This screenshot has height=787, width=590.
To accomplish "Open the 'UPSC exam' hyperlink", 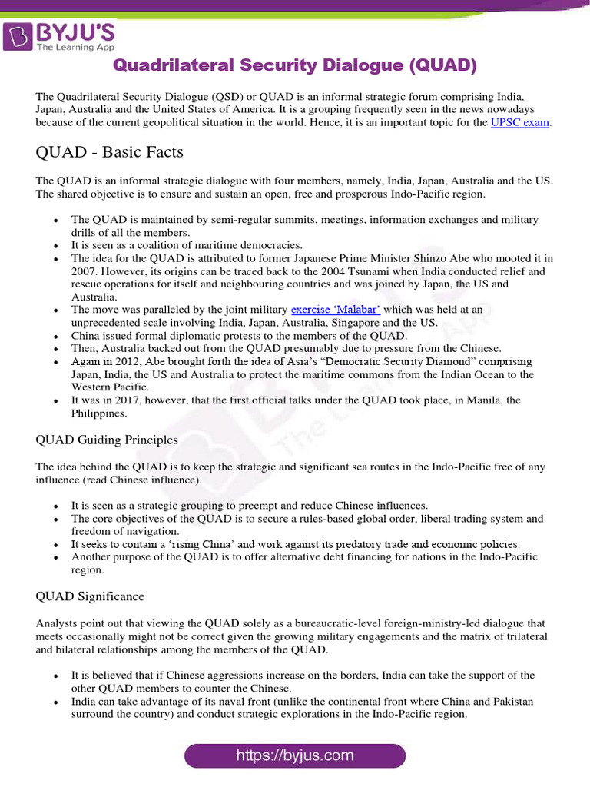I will coord(521,123).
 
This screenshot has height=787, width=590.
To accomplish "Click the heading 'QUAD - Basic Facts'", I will coord(110,152).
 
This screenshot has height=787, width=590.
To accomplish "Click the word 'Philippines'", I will coord(98,413).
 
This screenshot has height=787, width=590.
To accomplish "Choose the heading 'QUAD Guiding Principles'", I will coord(107,440).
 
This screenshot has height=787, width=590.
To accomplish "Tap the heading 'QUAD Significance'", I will coord(90,596).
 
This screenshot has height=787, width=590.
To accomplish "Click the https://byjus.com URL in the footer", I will coord(295,755).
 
